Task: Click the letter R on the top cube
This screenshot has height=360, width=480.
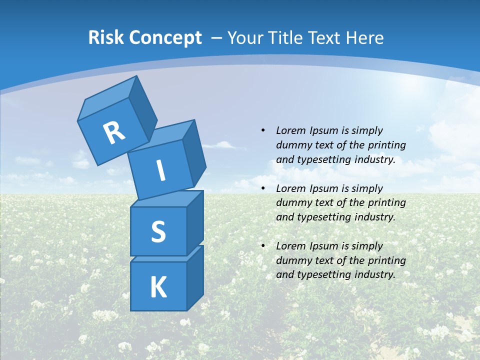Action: click(114, 132)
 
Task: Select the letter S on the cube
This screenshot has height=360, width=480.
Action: click(158, 231)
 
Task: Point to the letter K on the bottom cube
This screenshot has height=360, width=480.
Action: click(158, 287)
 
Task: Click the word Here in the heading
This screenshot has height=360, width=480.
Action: click(364, 37)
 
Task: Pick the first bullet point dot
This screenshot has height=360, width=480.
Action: click(263, 130)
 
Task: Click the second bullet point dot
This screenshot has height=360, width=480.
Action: click(263, 188)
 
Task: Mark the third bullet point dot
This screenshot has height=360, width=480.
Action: click(263, 246)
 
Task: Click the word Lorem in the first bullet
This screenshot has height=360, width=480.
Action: click(290, 130)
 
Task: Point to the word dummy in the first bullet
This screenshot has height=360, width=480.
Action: click(292, 145)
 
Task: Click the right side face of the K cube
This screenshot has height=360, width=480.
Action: click(195, 277)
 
